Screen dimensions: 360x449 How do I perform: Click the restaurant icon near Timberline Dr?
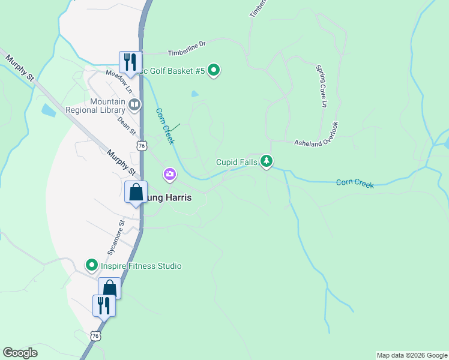130,61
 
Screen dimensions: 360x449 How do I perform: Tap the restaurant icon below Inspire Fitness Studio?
103,305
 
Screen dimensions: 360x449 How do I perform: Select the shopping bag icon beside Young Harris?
136,193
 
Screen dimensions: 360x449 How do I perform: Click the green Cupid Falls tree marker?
267,161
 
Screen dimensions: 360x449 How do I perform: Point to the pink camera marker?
170,175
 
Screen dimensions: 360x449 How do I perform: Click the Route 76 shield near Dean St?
142,146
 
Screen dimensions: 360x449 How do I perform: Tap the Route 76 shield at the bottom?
95,337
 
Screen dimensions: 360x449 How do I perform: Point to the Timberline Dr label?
187,44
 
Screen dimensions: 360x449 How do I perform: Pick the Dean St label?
125,125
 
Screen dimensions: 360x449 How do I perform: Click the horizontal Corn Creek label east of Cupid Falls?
355,183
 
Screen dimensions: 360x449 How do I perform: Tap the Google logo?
20,353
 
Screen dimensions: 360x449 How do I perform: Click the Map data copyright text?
411,355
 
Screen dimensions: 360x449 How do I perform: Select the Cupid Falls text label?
237,163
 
